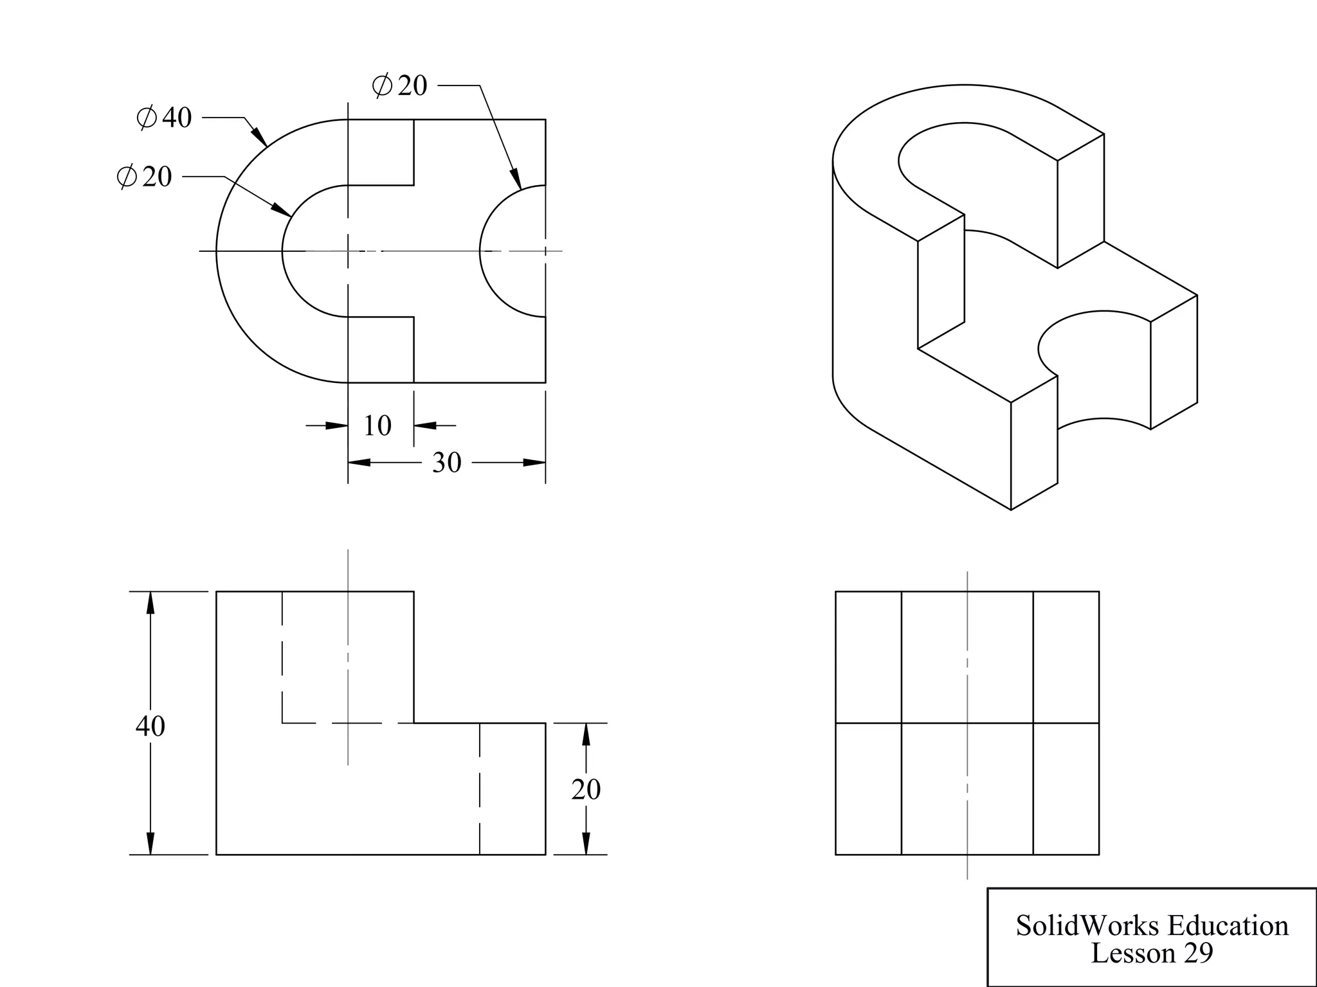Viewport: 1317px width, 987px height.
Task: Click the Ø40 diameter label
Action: click(x=165, y=118)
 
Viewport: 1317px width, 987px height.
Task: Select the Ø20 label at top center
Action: click(x=399, y=85)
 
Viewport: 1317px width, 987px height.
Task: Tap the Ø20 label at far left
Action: click(x=145, y=176)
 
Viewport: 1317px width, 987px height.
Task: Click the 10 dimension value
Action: click(x=377, y=425)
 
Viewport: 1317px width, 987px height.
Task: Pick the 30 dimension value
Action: click(x=446, y=463)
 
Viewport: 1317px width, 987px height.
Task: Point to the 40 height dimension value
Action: click(x=150, y=726)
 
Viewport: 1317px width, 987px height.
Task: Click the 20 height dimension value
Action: click(x=586, y=790)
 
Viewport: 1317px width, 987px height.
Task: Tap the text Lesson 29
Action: click(x=1152, y=953)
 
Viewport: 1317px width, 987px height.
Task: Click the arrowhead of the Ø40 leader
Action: click(x=260, y=137)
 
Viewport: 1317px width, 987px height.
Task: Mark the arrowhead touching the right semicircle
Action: click(x=516, y=179)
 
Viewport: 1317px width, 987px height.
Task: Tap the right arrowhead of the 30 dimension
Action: click(x=534, y=463)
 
